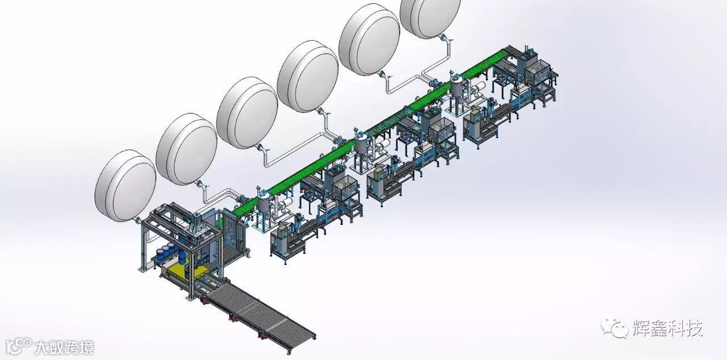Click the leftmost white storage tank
[x=126, y=186]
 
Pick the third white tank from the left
[x=247, y=113]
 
